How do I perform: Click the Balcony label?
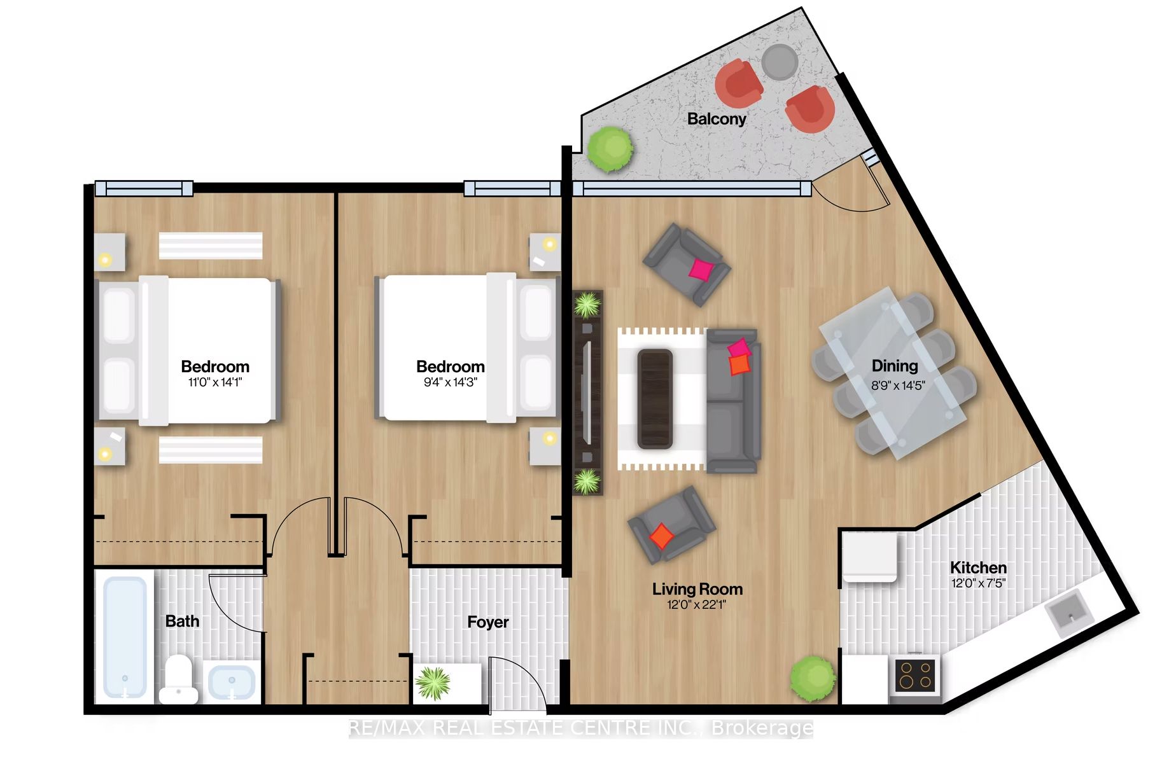[717, 119]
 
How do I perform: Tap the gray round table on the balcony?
[780, 62]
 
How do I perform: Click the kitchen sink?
[1071, 613]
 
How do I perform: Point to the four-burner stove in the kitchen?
[915, 675]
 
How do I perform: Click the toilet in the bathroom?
[179, 679]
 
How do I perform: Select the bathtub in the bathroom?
[125, 637]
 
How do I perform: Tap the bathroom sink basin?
[232, 681]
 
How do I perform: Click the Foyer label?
[488, 622]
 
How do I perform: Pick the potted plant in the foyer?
[433, 683]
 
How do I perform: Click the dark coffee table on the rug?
[655, 399]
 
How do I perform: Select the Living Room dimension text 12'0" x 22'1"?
[696, 604]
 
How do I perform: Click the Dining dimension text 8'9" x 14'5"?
[898, 385]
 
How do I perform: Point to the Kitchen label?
[978, 567]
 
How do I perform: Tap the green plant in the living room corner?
[813, 678]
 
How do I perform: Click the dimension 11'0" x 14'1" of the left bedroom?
[215, 382]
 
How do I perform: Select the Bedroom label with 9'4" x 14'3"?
[451, 367]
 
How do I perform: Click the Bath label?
[182, 622]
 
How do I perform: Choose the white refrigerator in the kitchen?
[870, 558]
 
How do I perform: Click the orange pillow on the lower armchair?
[662, 536]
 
